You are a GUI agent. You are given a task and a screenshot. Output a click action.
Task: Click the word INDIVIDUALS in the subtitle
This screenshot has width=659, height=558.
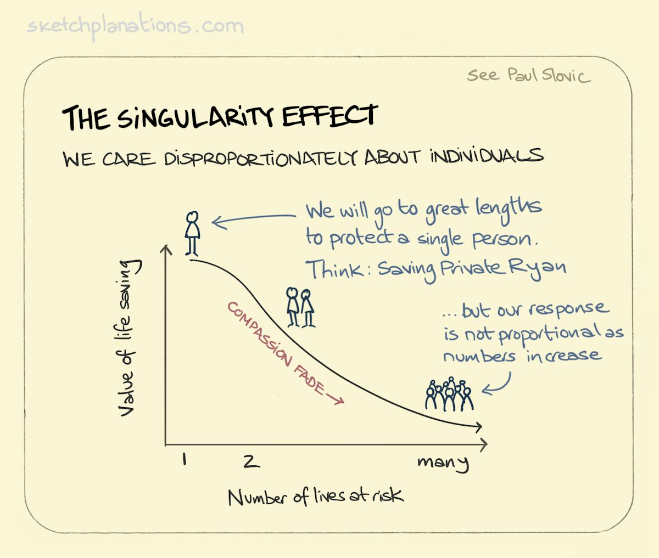click(487, 156)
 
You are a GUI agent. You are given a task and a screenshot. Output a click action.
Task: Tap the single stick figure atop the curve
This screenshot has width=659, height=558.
click(192, 233)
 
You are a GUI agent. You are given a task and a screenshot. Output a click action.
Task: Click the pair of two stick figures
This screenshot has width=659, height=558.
click(300, 307)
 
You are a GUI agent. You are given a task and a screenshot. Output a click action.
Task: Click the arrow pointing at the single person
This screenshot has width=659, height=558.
click(253, 220)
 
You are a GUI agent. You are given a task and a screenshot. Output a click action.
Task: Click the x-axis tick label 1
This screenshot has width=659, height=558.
click(184, 459)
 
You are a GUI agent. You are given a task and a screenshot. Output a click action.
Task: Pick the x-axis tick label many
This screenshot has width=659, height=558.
click(443, 462)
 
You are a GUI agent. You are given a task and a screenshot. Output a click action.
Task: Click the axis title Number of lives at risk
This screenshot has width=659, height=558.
click(315, 497)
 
